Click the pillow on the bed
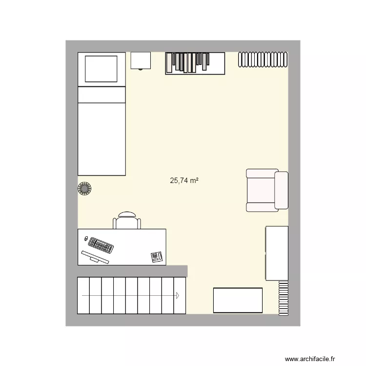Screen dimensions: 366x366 (x=102, y=69)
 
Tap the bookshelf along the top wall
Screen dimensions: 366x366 (x=195, y=63)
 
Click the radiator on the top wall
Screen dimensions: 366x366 (x=263, y=59)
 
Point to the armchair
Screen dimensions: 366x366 (x=267, y=190)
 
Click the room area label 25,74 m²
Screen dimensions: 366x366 (x=184, y=181)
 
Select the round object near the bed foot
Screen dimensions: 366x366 (x=85, y=188)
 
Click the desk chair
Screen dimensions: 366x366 (x=127, y=221)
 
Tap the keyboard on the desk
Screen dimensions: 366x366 (x=101, y=245)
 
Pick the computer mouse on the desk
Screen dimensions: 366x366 (x=86, y=239)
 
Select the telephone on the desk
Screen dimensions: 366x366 (x=157, y=257)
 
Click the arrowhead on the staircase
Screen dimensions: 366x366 (x=178, y=295)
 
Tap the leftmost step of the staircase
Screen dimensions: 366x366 (x=83, y=295)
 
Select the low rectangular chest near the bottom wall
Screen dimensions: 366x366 (x=238, y=300)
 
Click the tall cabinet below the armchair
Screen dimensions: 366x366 (x=277, y=253)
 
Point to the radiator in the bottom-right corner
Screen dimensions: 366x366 (x=283, y=298)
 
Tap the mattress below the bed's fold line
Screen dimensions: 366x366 (x=102, y=139)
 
